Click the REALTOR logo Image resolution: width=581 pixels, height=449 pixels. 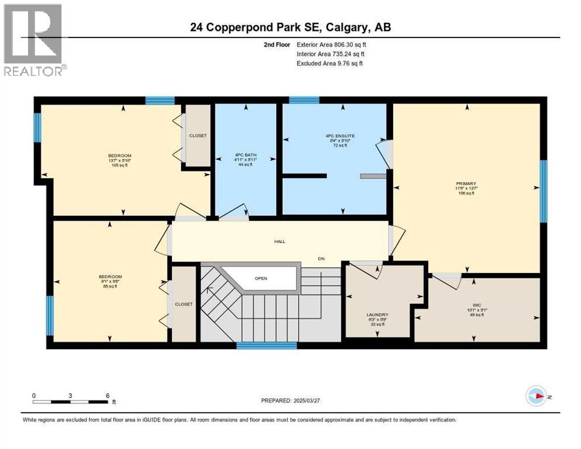click(x=34, y=40)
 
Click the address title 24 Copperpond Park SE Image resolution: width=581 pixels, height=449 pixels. click(x=290, y=26)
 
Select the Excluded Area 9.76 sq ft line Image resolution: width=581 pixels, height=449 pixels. click(x=330, y=63)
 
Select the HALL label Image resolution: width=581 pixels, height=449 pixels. click(x=280, y=241)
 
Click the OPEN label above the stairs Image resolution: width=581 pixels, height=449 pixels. click(x=261, y=278)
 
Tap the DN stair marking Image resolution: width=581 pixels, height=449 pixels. click(x=321, y=258)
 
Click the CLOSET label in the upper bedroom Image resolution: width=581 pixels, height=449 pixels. click(x=198, y=136)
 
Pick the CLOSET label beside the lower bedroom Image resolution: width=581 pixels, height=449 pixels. click(x=184, y=304)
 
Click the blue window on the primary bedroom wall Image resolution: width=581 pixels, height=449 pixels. click(x=544, y=191)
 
